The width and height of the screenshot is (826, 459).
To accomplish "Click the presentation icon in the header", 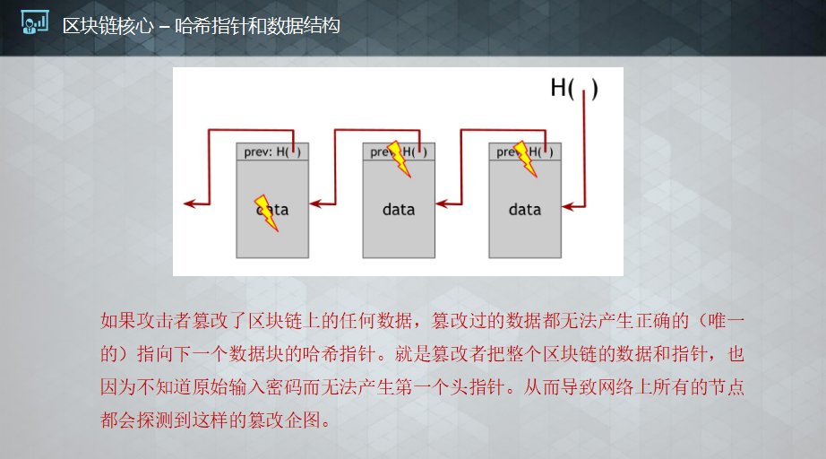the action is [35, 22].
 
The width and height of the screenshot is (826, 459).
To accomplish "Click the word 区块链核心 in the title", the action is [108, 26].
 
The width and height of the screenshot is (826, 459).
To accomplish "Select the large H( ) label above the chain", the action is [573, 88].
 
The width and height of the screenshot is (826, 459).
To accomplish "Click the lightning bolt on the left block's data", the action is [267, 212].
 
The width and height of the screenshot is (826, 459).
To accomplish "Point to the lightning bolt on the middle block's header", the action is [399, 159].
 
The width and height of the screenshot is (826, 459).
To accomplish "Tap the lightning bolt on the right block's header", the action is [525, 159].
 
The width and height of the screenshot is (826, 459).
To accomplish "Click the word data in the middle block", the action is [399, 210].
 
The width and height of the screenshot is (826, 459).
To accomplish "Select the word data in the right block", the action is [525, 210].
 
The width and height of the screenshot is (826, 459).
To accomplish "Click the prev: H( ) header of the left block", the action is [272, 152].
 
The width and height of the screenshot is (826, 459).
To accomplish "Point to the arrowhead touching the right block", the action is [568, 206].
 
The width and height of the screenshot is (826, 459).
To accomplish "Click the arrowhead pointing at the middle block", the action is [443, 204].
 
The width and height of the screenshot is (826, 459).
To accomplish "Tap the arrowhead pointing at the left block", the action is [316, 204].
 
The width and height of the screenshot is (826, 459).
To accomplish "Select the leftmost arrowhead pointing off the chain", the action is [190, 204].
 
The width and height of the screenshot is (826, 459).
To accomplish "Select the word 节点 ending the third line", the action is [727, 386].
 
